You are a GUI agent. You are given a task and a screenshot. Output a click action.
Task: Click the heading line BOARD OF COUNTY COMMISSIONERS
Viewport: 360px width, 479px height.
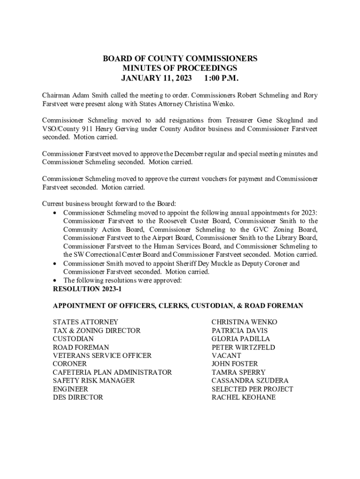click(x=180, y=59)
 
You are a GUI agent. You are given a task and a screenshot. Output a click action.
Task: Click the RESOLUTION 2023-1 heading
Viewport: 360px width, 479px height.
click(x=87, y=289)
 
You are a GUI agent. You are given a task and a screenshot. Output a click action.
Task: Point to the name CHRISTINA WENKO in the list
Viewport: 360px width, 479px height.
click(x=244, y=322)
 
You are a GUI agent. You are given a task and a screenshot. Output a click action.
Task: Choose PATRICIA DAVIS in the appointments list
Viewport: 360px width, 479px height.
click(x=239, y=331)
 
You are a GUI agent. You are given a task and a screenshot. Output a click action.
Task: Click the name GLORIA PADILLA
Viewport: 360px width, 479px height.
click(x=241, y=339)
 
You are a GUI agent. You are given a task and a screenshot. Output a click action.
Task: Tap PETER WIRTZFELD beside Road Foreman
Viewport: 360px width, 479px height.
click(x=243, y=348)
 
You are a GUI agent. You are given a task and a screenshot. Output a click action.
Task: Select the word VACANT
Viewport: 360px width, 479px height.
click(x=226, y=356)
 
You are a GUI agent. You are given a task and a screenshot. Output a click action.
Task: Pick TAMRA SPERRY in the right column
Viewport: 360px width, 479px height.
click(x=238, y=372)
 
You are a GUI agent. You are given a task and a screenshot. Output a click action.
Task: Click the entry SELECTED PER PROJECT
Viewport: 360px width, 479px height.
click(x=252, y=389)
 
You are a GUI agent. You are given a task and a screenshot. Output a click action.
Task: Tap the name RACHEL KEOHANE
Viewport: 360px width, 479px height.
click(x=243, y=398)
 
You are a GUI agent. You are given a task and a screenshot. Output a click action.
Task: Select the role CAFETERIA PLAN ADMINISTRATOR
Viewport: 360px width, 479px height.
click(x=112, y=372)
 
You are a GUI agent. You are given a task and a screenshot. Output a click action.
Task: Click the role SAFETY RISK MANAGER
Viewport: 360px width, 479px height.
click(x=94, y=381)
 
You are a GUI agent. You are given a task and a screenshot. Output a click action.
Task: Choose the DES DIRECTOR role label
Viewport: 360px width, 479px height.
click(x=78, y=398)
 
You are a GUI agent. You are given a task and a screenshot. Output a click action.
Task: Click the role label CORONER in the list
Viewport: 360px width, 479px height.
click(x=70, y=363)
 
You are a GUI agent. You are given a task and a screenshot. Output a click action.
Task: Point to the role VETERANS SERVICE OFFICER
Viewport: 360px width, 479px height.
click(x=102, y=356)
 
